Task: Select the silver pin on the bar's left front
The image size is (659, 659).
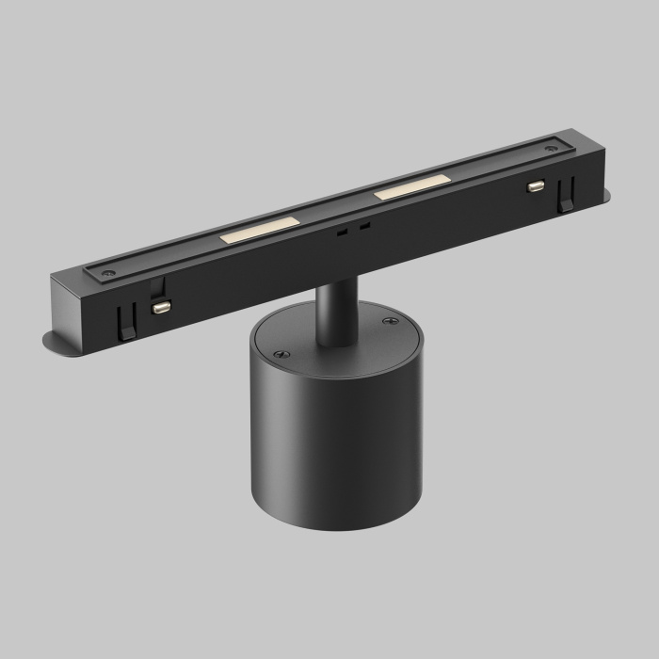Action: click(161, 306)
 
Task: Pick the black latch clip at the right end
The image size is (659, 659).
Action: click(566, 198)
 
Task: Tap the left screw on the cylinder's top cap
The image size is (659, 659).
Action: click(278, 354)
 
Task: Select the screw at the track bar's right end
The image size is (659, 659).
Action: click(551, 147)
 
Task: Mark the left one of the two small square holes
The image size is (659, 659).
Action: click(344, 229)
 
